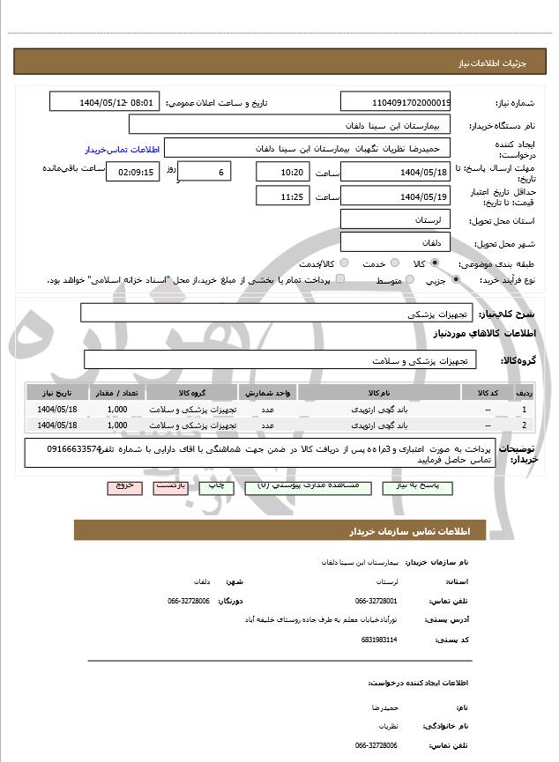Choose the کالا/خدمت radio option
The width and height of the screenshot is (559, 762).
[x=344, y=263]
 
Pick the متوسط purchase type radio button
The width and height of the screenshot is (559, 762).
[x=407, y=280]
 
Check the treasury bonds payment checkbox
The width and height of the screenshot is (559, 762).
[x=340, y=280]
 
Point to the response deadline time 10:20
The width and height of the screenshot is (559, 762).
[x=282, y=172]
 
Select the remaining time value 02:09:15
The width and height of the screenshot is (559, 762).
[x=132, y=172]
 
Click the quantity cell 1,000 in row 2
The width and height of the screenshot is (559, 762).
[x=116, y=425]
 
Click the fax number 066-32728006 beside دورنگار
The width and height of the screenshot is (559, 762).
[x=188, y=601]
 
